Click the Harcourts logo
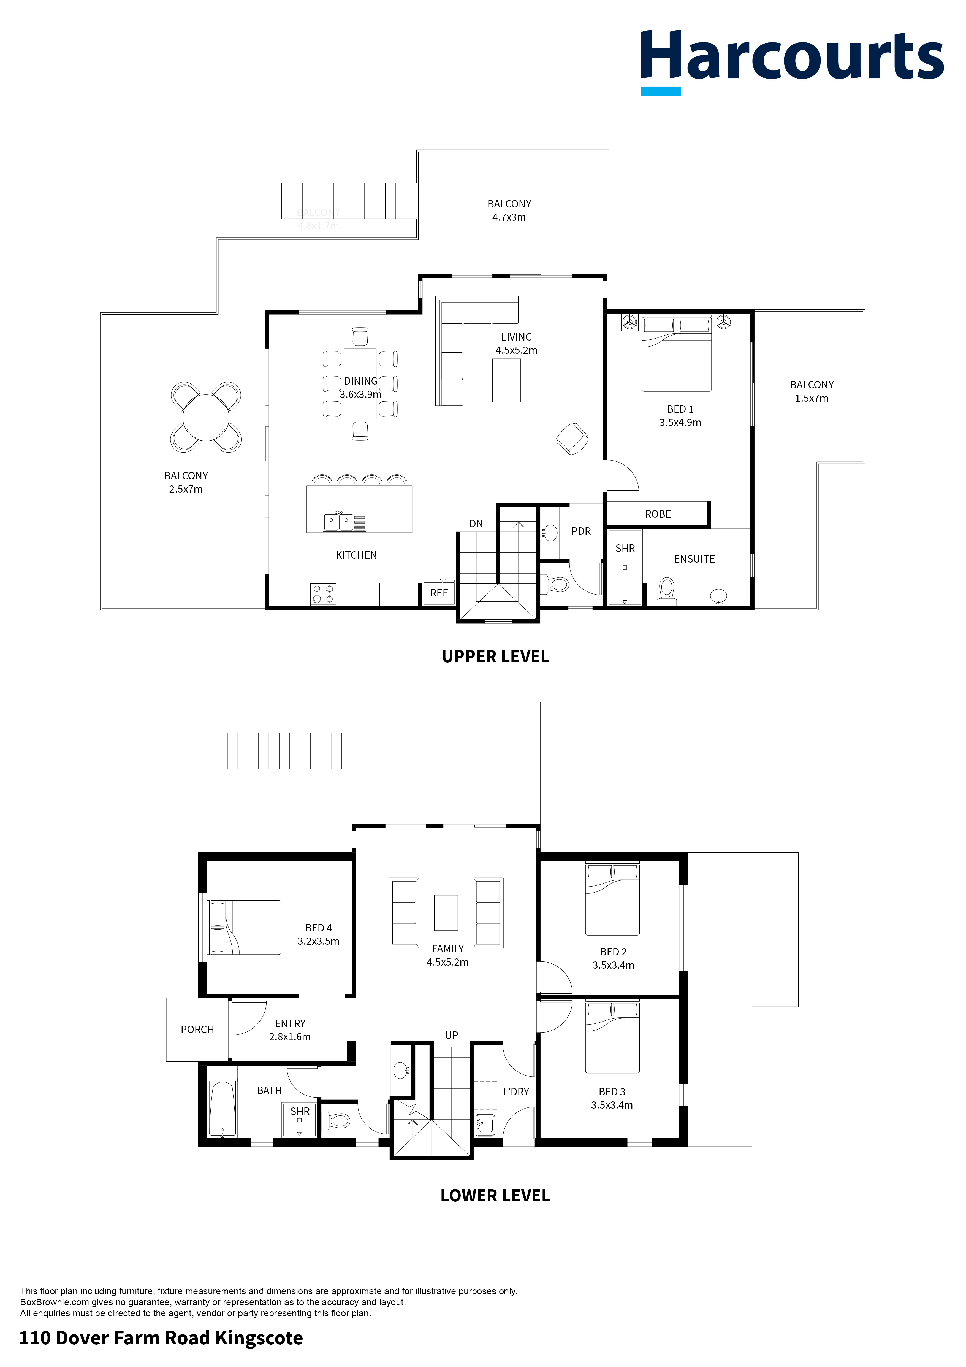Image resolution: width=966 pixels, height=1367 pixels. coord(792,61)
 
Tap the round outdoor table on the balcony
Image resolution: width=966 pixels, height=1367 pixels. coord(206,417)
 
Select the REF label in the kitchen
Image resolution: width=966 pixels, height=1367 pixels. coord(439,593)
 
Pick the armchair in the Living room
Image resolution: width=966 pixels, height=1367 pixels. coord(572,439)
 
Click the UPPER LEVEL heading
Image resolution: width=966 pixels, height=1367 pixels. coord(495,657)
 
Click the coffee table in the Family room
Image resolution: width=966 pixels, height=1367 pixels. coord(446,913)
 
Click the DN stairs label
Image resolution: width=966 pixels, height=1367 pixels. coord(476,524)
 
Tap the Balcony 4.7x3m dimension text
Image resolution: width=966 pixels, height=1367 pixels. coord(509,217)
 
